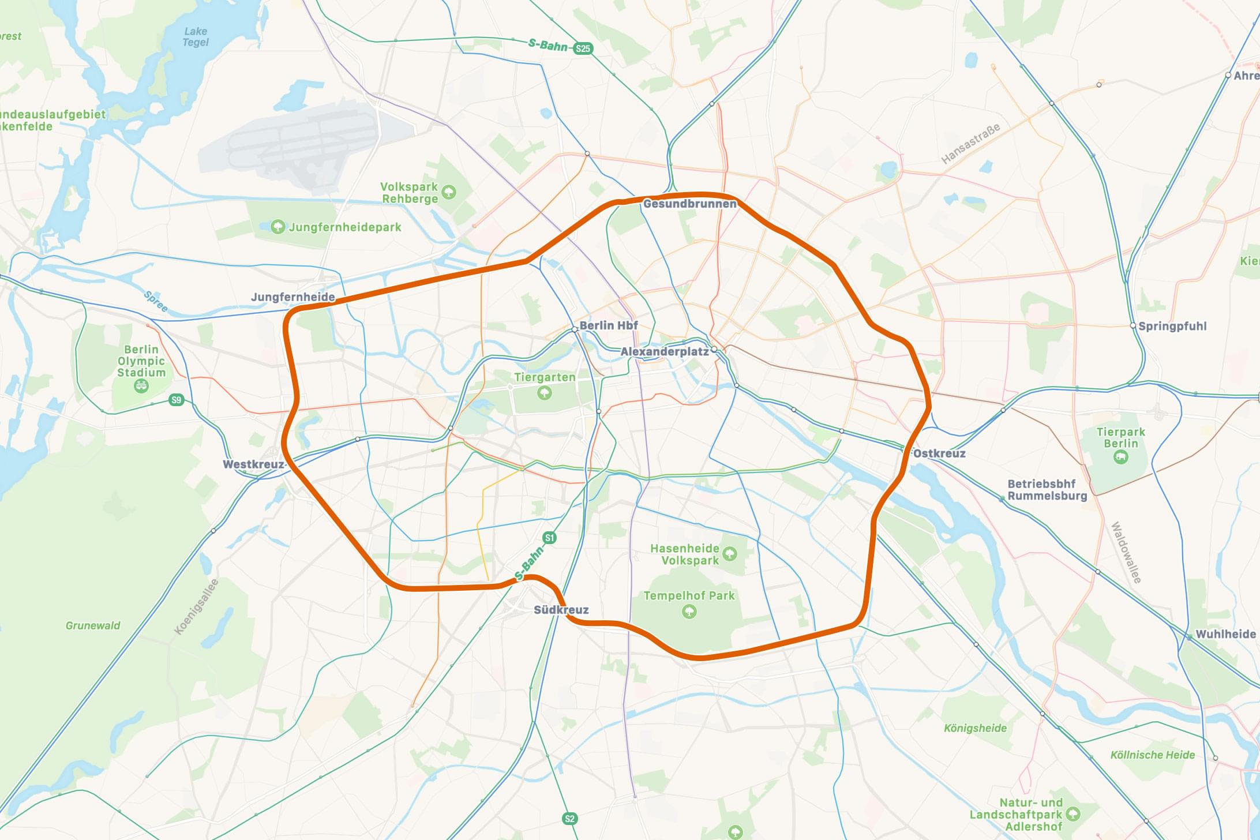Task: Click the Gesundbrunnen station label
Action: click(689, 204)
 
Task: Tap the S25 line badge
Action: click(583, 48)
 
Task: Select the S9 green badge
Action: click(177, 400)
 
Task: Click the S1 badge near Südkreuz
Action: click(549, 538)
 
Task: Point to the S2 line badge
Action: click(569, 818)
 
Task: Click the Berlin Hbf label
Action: click(608, 325)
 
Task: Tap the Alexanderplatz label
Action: click(664, 351)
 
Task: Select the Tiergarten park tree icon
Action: click(544, 393)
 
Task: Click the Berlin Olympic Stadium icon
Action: click(141, 387)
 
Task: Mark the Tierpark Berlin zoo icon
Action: click(1120, 457)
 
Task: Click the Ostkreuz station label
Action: click(939, 453)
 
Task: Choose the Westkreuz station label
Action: click(253, 464)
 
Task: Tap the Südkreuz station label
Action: click(561, 610)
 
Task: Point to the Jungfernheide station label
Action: click(292, 297)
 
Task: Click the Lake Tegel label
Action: click(196, 37)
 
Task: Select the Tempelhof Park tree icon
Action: click(689, 611)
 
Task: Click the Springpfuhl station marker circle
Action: click(1133, 326)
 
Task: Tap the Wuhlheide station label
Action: click(1225, 634)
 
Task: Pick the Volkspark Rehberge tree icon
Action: click(449, 192)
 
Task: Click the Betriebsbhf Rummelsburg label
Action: click(1047, 490)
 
